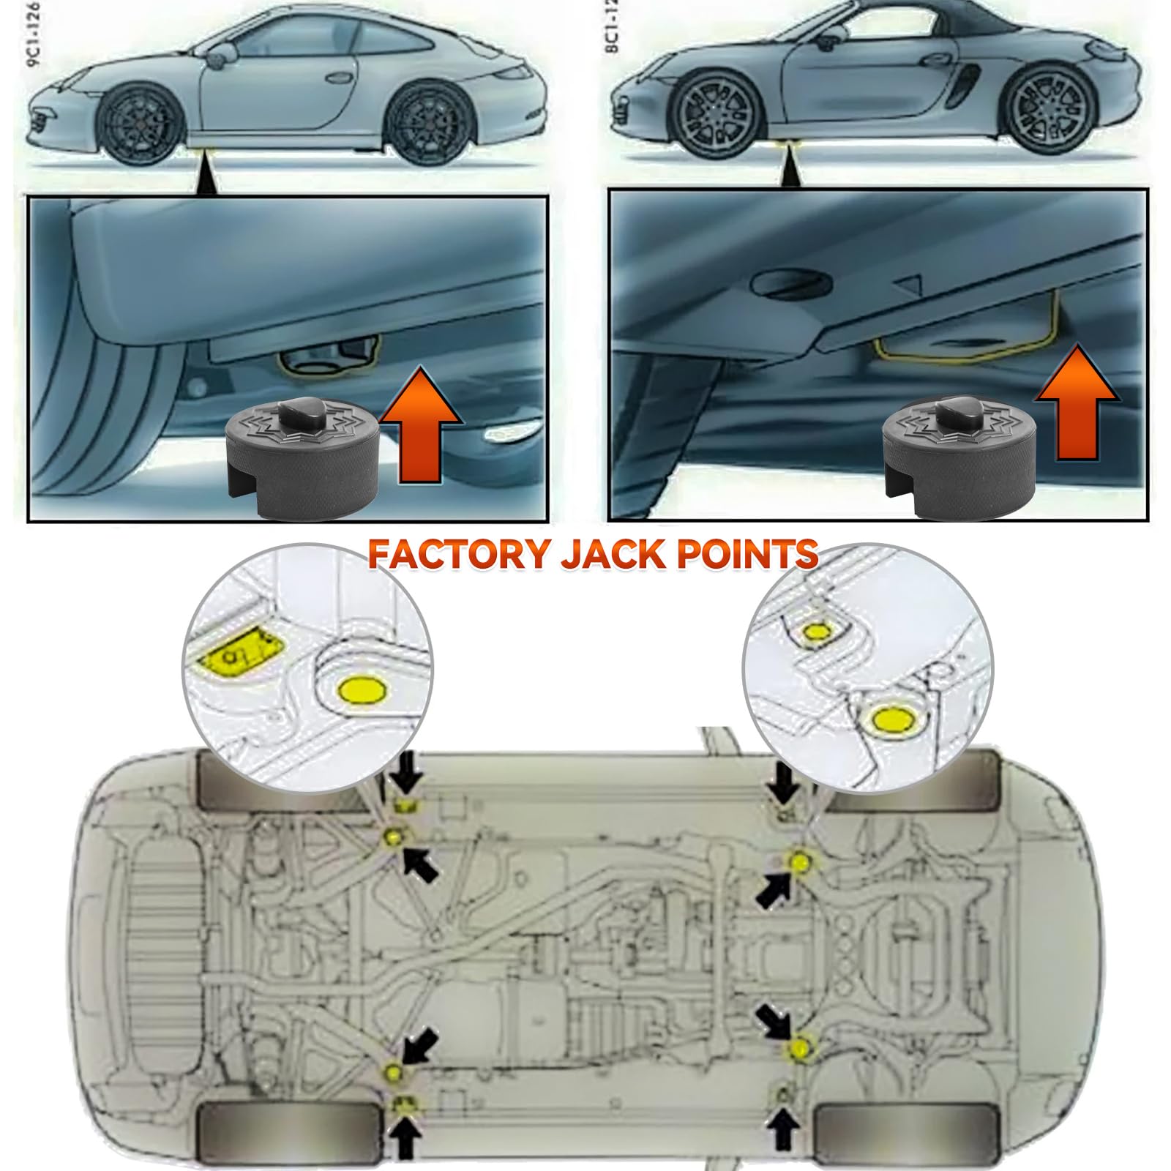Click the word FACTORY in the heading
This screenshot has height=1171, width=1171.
pyautogui.click(x=458, y=554)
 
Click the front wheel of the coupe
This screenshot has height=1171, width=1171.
pyautogui.click(x=139, y=126)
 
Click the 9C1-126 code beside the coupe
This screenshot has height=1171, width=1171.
pyautogui.click(x=33, y=34)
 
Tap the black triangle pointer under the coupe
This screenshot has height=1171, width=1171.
pyautogui.click(x=206, y=177)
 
